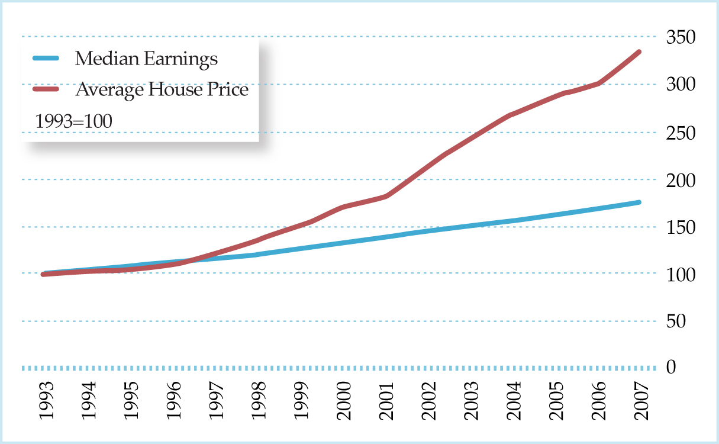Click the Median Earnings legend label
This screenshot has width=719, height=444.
click(x=146, y=59)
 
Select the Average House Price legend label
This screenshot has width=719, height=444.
click(x=162, y=90)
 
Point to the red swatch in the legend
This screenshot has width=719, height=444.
click(x=46, y=89)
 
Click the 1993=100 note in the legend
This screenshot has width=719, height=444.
click(x=74, y=121)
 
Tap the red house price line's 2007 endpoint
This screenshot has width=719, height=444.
click(x=639, y=52)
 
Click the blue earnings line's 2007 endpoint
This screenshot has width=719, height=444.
click(x=639, y=202)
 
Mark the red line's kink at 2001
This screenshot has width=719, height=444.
click(x=386, y=196)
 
